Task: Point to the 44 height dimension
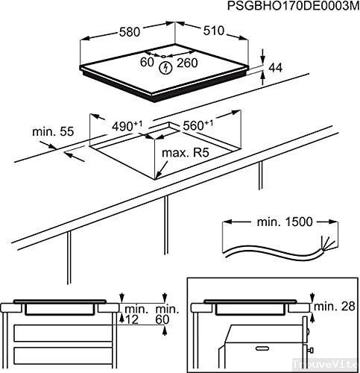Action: point(275,68)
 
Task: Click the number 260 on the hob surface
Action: point(188,63)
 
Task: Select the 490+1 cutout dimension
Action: point(131,128)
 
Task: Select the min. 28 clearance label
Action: point(334,307)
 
